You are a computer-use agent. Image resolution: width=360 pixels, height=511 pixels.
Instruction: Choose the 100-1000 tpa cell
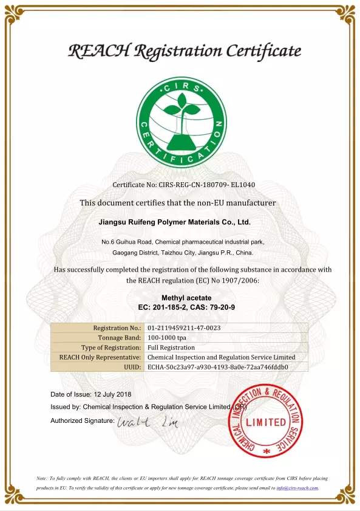point(166,338)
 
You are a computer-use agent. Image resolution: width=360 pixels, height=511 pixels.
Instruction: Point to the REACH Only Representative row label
point(100,357)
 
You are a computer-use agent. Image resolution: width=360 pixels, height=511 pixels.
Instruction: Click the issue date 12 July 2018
point(114,394)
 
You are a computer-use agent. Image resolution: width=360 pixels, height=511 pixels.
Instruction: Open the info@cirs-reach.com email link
point(297,488)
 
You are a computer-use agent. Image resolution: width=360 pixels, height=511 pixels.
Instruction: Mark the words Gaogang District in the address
point(135,252)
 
